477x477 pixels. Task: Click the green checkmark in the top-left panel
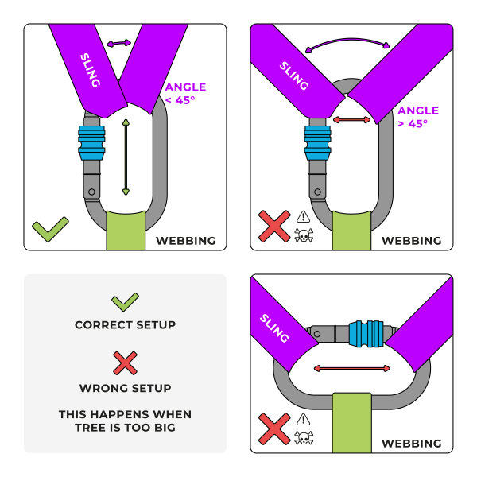(50, 230)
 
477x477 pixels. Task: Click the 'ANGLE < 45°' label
(184, 93)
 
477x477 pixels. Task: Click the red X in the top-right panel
(274, 226)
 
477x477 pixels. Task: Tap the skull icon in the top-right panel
(304, 235)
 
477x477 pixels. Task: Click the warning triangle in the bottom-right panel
(304, 419)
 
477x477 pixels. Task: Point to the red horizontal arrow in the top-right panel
(351, 120)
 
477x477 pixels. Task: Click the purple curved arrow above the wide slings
(351, 46)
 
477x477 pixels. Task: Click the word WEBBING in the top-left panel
(186, 240)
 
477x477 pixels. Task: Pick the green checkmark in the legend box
(125, 301)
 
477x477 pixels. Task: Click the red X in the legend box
(125, 364)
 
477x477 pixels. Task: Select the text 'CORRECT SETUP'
(125, 324)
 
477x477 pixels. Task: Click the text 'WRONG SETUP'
(125, 388)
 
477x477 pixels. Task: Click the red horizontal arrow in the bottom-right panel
(352, 368)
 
